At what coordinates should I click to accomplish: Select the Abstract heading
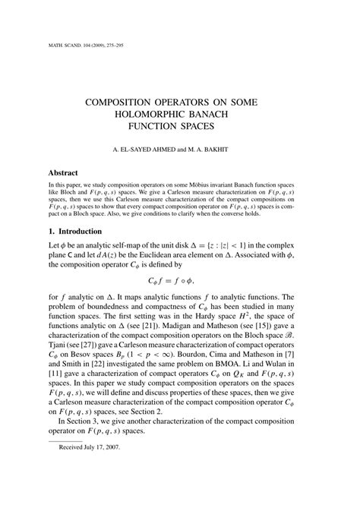pos(64,173)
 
